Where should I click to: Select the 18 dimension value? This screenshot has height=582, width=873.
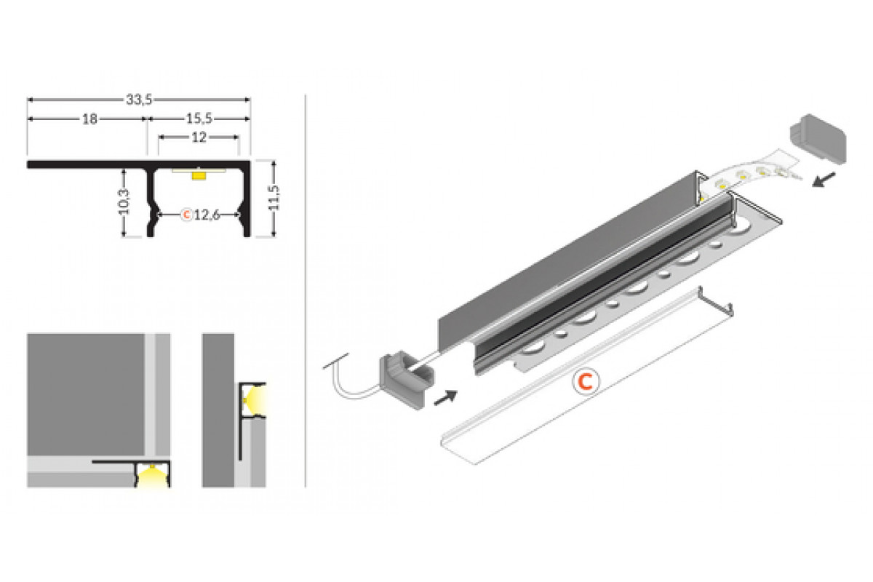(89, 119)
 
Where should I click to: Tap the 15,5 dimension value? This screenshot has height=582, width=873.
(199, 119)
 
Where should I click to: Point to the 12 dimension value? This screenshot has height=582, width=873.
(199, 137)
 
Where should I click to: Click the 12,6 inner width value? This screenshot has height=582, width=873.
(207, 215)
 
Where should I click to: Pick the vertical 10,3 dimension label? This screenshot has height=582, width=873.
(124, 202)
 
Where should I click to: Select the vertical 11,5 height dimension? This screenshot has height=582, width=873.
(274, 198)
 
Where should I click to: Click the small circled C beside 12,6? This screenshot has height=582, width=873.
(187, 215)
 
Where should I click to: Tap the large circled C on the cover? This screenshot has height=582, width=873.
(585, 382)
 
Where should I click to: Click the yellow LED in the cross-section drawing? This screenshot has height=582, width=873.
(199, 175)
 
